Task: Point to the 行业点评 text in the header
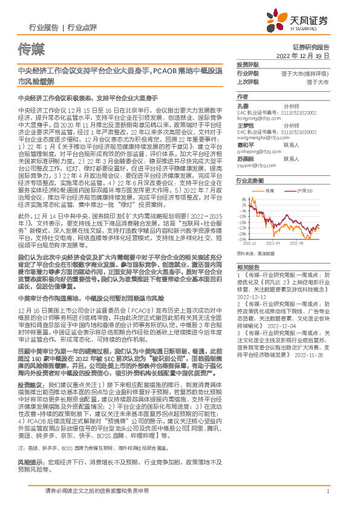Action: [x=82, y=28]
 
